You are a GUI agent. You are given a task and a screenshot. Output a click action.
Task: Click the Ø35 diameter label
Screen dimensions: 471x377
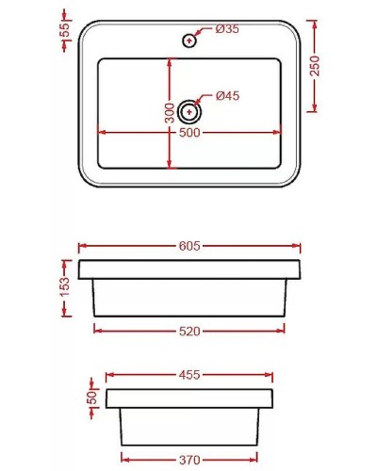[227, 29]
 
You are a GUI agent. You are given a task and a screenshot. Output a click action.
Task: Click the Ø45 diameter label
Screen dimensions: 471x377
[227, 95]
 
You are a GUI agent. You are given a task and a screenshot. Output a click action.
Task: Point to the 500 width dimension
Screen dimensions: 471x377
[189, 133]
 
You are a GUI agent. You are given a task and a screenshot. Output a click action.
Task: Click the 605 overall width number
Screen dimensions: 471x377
[189, 246]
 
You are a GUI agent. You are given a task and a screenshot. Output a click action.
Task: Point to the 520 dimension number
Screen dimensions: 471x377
[189, 332]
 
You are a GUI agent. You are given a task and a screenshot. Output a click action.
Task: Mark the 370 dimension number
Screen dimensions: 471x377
[189, 459]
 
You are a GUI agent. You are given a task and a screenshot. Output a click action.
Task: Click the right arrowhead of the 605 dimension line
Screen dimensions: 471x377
[299, 246]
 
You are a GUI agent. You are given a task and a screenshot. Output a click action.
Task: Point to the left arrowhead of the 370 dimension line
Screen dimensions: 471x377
[123, 459]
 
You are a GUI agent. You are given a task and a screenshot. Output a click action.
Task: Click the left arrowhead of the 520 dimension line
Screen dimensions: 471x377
[97, 331]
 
